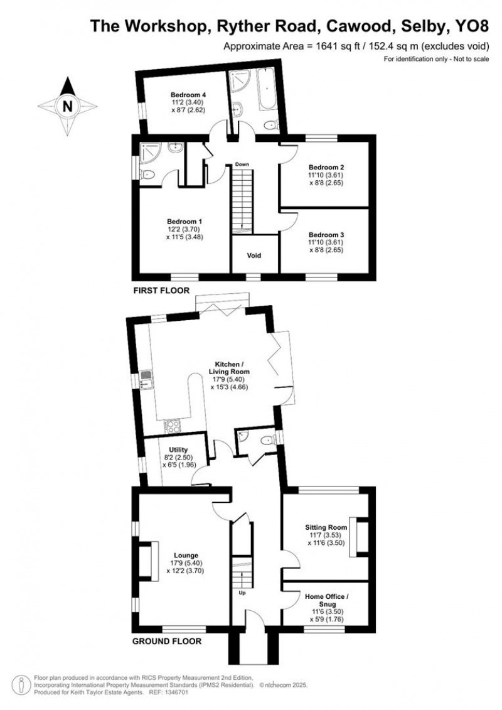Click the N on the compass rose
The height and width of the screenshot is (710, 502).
pos(67,107)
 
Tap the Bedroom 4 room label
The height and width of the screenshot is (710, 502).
pos(188,95)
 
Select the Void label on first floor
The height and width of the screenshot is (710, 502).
pos(254,255)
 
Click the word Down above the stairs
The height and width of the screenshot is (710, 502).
pos(242,164)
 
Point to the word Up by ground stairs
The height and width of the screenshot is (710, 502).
pos(242,593)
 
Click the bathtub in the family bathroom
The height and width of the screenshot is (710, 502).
pos(266,91)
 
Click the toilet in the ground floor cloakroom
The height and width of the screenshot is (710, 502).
pos(268,438)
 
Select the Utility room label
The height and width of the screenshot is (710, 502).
pos(178,449)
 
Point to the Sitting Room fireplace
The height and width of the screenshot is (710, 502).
pos(361,537)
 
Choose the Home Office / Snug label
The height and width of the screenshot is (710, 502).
pos(327,600)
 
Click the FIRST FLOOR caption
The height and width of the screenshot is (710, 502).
pos(161,290)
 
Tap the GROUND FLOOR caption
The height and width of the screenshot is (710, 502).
pos(166,641)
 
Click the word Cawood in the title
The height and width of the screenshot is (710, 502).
pos(358,26)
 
